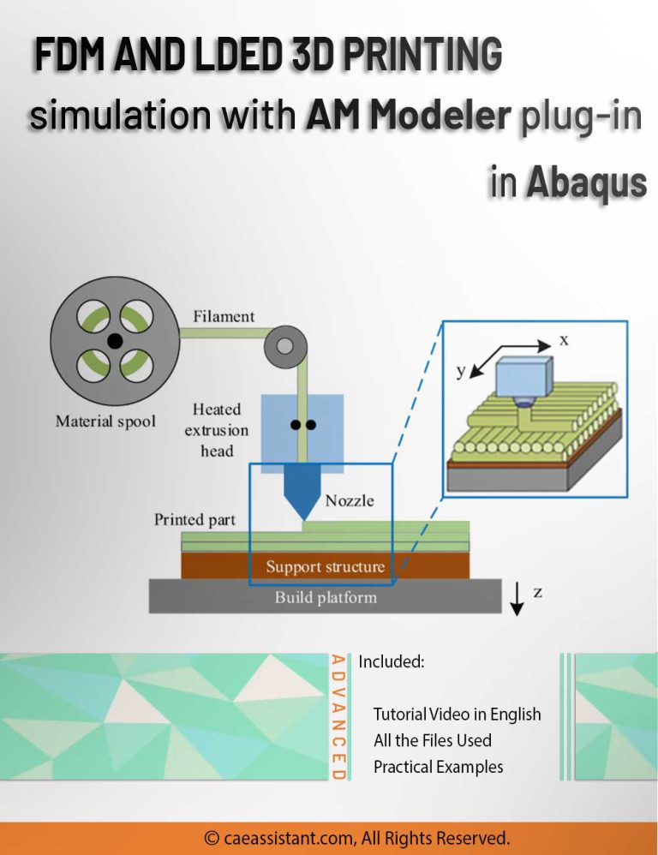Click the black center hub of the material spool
(114, 341)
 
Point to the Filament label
(224, 316)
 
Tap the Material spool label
(105, 422)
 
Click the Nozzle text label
(350, 500)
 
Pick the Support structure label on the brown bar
(325, 566)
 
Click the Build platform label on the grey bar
(325, 597)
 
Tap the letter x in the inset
(564, 340)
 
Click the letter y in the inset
(460, 371)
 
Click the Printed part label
(194, 519)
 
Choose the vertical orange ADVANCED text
(338, 716)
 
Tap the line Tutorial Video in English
(457, 714)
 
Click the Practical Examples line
(438, 767)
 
